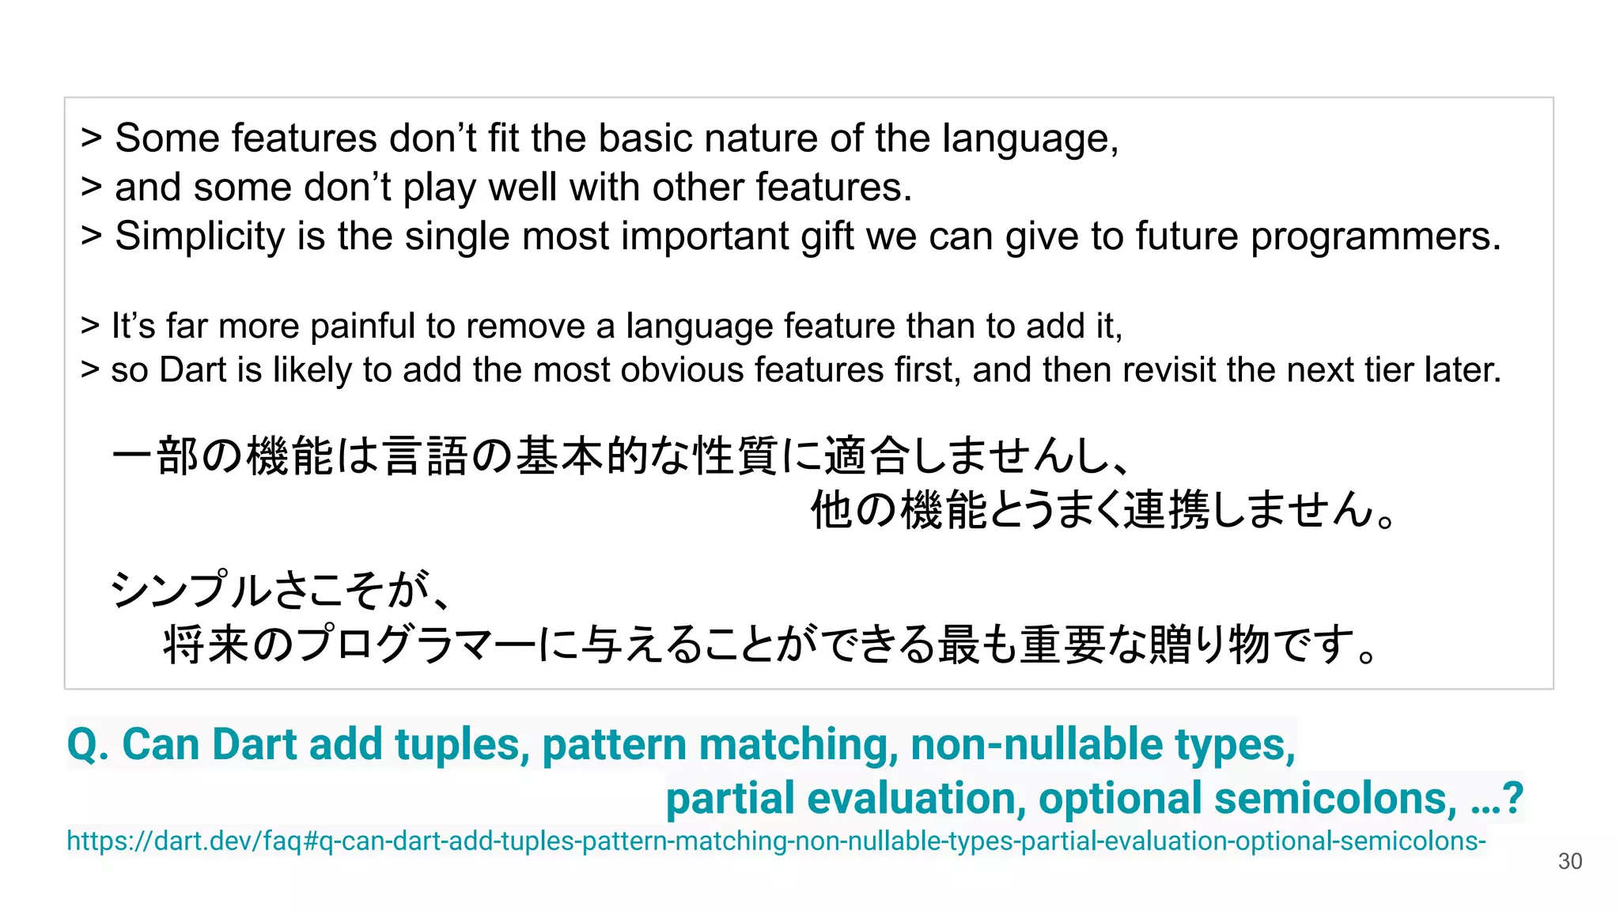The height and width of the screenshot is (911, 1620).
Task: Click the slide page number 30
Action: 1569,861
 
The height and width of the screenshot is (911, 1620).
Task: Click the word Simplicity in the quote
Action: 199,236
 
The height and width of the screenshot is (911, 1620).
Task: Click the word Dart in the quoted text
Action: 193,370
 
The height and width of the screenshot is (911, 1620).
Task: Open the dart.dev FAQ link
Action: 775,841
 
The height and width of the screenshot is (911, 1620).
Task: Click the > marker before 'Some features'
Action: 91,138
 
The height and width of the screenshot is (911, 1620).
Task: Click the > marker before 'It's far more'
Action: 90,326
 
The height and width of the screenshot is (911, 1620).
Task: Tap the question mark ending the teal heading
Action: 1512,799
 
